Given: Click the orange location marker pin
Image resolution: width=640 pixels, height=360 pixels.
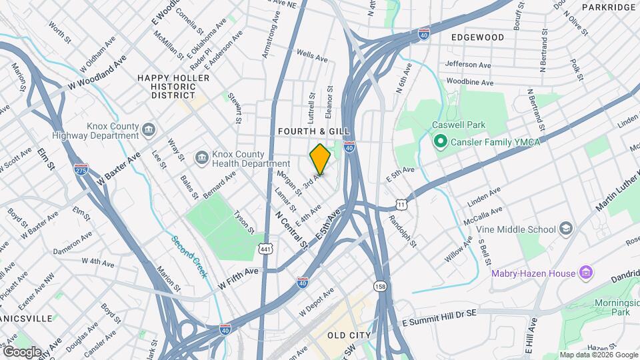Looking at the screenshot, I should click(320, 159).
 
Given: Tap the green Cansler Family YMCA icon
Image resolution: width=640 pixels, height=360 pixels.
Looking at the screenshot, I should click(440, 142).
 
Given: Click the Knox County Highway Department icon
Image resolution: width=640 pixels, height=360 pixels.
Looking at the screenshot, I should click(148, 129).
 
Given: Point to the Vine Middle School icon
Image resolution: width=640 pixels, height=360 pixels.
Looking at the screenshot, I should click(567, 229).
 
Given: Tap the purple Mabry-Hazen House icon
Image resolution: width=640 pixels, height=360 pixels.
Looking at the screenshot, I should click(586, 273).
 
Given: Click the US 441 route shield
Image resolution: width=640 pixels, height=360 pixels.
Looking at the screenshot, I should click(266, 249).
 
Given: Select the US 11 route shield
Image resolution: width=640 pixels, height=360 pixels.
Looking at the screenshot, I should click(400, 203).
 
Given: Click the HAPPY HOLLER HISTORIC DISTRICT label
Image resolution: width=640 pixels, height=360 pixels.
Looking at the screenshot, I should click(173, 87).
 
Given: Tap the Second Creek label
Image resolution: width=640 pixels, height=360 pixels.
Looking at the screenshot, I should click(189, 257).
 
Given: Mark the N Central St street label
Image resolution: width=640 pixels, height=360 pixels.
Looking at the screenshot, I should click(291, 231).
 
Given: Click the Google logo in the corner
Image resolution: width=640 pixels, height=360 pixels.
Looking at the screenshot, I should click(22, 351).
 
